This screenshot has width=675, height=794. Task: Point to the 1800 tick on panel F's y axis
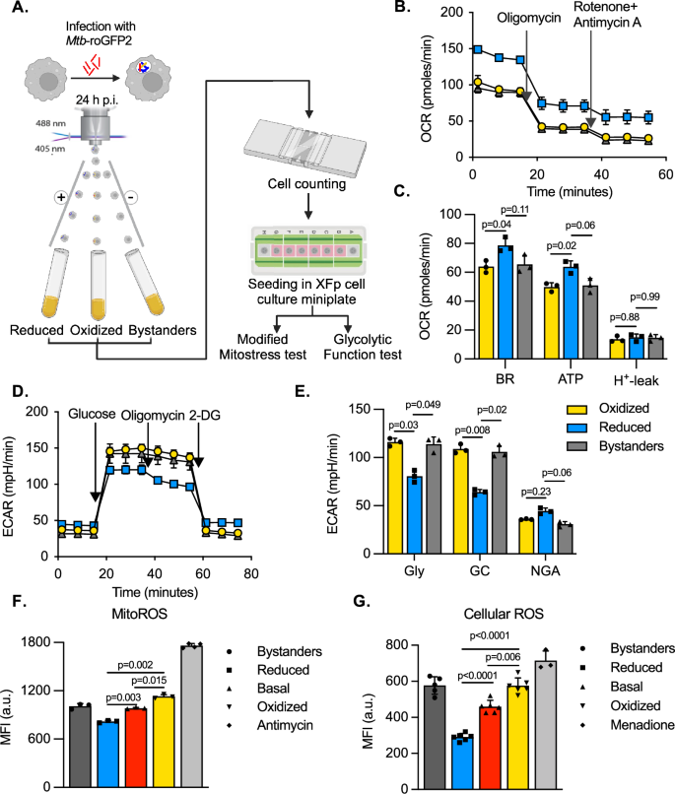(x=36, y=643)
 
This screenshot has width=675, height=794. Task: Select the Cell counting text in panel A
(x=306, y=183)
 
